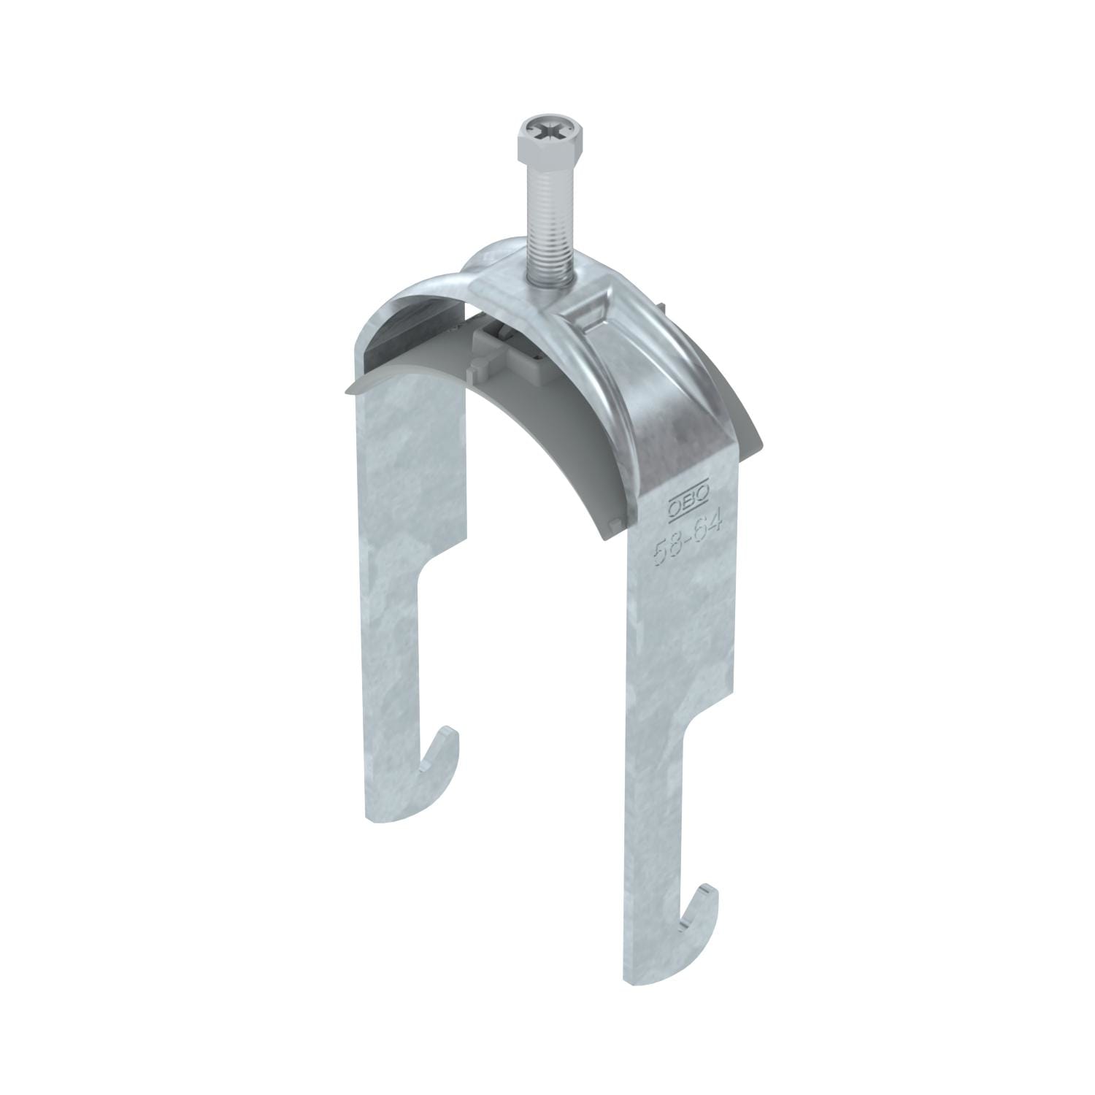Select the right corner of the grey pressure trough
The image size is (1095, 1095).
pos(759,447)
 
